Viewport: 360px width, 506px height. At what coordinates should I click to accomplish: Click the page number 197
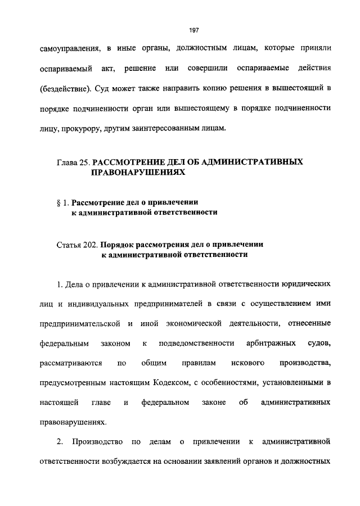point(179,30)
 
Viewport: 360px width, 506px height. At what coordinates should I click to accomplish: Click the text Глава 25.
point(73,162)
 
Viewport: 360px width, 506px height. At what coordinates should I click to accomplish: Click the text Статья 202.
point(77,246)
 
